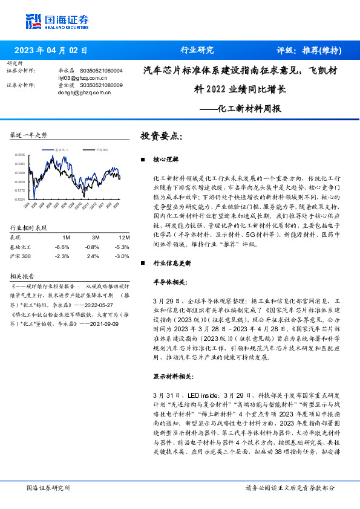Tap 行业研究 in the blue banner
(197, 50)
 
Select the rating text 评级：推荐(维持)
(308, 50)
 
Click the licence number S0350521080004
(101, 71)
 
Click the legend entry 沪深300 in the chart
(101, 149)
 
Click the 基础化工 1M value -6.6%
(62, 247)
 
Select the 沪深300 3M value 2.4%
(93, 256)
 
